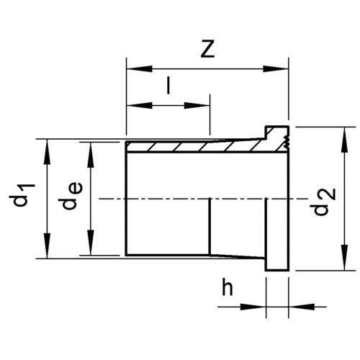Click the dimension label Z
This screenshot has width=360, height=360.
(207, 49)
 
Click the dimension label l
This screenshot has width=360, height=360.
(168, 85)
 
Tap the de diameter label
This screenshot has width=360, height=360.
(72, 196)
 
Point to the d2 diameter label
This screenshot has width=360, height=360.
(325, 202)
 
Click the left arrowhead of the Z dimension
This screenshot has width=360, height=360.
(140, 69)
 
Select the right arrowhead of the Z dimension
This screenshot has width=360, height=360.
(276, 69)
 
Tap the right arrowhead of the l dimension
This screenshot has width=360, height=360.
(197, 106)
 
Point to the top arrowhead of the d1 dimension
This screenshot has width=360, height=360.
(48, 152)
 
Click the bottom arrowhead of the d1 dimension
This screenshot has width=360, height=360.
(48, 246)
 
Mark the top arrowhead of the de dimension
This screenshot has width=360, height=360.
(91, 155)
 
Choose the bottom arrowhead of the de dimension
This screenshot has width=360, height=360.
(91, 243)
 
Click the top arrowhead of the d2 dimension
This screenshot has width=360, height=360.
(345, 140)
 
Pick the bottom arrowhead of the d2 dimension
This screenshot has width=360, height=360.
(345, 258)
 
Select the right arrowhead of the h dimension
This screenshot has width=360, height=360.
(302, 307)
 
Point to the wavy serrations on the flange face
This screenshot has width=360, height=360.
(286, 142)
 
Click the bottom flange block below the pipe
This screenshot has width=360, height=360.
(277, 264)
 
